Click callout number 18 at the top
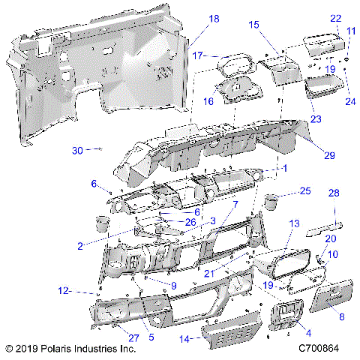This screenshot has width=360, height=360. (193, 19)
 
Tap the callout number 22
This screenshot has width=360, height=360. (335, 18)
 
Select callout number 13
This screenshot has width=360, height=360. (293, 224)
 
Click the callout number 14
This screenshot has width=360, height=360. (184, 339)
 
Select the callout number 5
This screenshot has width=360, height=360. (151, 337)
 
